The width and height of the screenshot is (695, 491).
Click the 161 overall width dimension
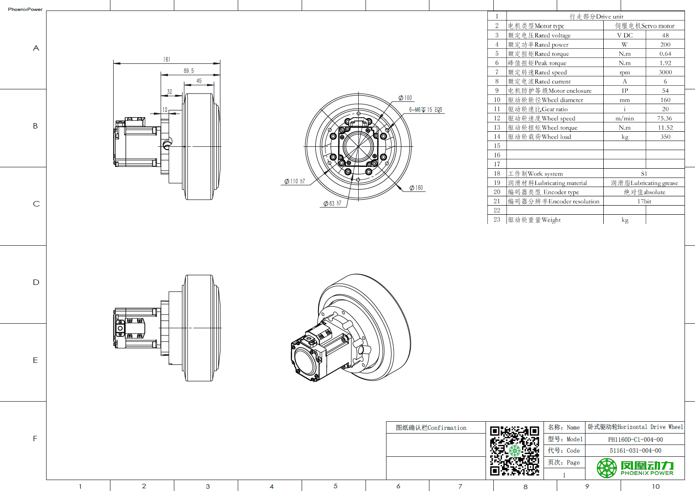click(x=167, y=59)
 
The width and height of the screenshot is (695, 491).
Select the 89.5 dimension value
click(x=189, y=71)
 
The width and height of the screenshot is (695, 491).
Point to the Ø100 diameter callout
click(x=405, y=98)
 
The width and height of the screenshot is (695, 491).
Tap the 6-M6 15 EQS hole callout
click(x=425, y=109)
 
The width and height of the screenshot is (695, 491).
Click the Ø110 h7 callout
click(x=295, y=181)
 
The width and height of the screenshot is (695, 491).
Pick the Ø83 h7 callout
click(x=333, y=203)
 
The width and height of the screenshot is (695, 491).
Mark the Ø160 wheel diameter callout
click(x=416, y=187)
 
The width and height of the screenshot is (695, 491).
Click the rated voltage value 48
click(x=665, y=35)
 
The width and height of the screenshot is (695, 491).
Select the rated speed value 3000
click(x=665, y=72)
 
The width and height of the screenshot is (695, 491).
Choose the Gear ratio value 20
click(x=665, y=109)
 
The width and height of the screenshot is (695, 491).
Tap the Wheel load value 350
click(x=665, y=137)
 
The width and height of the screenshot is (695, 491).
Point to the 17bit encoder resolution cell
click(x=644, y=201)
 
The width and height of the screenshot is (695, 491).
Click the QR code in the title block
click(x=514, y=450)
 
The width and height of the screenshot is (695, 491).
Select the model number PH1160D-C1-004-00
click(x=635, y=439)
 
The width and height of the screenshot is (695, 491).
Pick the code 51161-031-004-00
click(x=635, y=450)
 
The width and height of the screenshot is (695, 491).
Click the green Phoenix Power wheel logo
click(x=606, y=468)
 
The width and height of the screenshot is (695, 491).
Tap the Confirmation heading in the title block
click(x=431, y=428)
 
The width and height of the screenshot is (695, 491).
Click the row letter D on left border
click(x=36, y=282)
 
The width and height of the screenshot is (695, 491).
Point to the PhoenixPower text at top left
click(x=25, y=9)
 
